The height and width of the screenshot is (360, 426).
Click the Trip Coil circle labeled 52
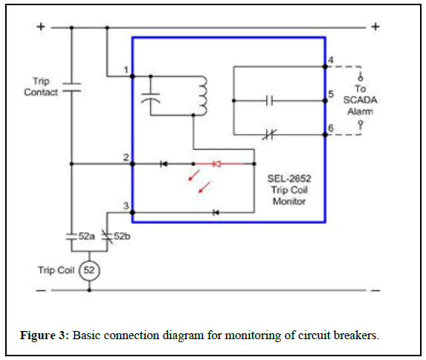89,271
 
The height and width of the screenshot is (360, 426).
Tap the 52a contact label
87,237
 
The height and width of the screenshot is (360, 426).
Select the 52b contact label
122,237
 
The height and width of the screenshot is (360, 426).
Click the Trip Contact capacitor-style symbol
71,88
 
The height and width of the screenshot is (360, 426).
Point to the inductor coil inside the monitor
202,96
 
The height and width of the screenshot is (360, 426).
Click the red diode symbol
216,164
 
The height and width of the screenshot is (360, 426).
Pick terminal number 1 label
126,70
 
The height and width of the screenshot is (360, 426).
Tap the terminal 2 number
126,157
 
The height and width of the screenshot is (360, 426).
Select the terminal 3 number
126,205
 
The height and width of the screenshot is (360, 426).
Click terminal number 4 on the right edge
331,60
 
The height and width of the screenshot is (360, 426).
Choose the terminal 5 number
331,94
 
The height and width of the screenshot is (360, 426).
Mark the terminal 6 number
331,128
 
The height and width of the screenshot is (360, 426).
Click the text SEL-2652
289,179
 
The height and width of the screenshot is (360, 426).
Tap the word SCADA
360,100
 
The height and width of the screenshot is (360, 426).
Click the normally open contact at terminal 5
270,101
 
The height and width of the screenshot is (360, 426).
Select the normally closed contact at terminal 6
269,135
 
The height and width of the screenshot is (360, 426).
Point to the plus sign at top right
375,27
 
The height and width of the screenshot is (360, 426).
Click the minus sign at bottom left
41,290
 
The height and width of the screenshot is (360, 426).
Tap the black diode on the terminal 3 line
216,213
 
